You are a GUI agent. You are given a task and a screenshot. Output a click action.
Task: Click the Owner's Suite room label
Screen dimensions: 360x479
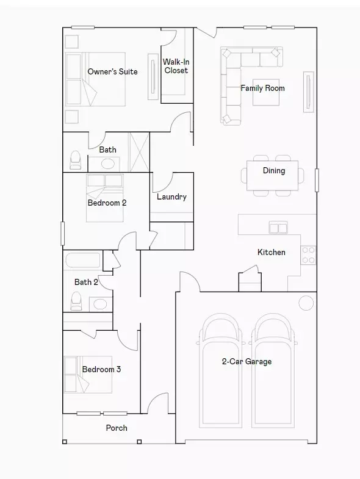point(112,72)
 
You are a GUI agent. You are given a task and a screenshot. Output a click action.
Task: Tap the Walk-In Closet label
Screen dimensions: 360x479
point(176,66)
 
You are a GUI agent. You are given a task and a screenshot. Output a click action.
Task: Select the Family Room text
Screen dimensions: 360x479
point(262,88)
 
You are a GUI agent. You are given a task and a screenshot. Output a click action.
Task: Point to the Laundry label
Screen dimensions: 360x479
point(171,196)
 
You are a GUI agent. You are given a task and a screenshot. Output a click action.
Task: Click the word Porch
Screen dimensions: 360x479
point(117,428)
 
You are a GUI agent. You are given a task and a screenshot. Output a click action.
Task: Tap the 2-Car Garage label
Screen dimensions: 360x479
point(247,362)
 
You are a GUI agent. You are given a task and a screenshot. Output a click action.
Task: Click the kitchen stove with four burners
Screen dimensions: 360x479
point(308,255)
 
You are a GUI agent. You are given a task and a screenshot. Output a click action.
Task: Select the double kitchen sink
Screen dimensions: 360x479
point(278,228)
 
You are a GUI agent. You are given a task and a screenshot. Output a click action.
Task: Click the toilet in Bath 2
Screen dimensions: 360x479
point(76,301)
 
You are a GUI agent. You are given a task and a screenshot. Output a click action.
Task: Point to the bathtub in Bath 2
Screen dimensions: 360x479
point(83,261)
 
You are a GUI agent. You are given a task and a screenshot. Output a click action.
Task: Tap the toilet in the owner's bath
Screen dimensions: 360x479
point(76,160)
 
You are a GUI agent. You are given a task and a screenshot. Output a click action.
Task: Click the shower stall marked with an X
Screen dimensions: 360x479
point(139,152)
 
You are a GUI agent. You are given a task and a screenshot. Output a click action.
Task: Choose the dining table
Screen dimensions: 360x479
point(272,176)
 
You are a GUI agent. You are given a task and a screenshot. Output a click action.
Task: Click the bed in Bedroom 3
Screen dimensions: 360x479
point(88,375)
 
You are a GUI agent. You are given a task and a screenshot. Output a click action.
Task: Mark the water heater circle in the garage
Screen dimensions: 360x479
point(306,303)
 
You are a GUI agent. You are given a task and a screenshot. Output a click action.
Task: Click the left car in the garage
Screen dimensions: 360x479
point(220,370)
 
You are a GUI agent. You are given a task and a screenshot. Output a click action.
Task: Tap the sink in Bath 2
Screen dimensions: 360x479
point(100,304)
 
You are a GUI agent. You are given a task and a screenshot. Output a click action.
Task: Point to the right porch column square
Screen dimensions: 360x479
point(139,442)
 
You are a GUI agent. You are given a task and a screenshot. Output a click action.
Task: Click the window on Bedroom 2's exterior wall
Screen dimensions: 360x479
point(63,233)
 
